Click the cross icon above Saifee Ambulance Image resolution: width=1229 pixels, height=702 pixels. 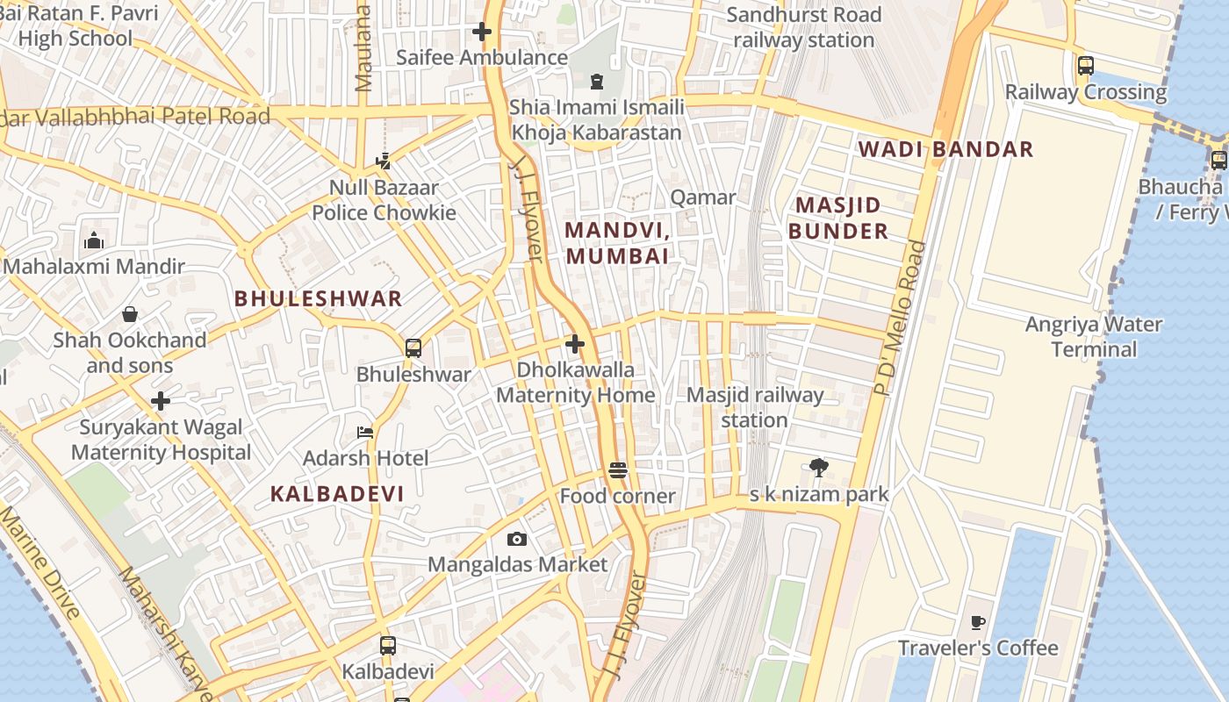point(481,32)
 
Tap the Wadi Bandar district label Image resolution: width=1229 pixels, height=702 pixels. point(945,149)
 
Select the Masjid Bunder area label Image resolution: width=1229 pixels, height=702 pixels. point(837,218)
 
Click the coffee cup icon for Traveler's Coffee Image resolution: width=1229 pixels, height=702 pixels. point(977,623)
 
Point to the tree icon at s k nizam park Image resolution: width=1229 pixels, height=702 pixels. point(818,468)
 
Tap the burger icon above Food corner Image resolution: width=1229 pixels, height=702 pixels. point(617,471)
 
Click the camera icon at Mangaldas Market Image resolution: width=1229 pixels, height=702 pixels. point(517,539)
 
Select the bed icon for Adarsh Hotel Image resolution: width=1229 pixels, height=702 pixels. point(365,433)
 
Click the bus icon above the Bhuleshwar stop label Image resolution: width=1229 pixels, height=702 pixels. point(413,347)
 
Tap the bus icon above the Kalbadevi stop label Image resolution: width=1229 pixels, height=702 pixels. point(388,646)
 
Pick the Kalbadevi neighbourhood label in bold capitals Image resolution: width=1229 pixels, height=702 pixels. point(337,494)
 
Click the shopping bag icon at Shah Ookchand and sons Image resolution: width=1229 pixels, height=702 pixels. point(130,314)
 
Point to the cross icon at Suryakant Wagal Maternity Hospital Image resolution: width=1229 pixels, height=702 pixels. point(160,402)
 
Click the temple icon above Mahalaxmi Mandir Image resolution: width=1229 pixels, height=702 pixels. point(94,240)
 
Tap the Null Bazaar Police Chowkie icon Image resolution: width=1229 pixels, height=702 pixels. point(383,161)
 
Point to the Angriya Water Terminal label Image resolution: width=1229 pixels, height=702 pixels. point(1094,337)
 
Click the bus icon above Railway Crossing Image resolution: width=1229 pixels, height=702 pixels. point(1085,66)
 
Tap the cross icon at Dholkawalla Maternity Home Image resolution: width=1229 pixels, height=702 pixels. point(575,344)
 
